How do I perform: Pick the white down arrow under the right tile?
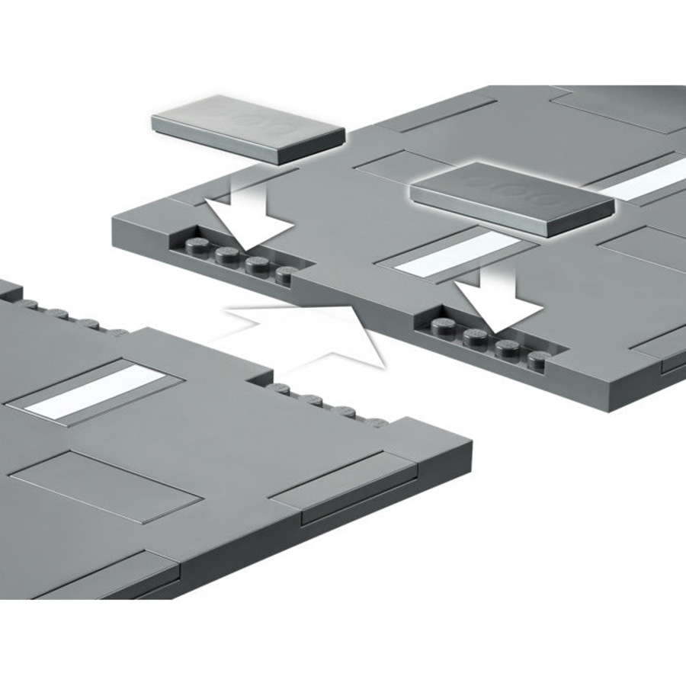point(499,301)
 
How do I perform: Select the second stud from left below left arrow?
point(226,254)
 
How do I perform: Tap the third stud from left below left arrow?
point(258,264)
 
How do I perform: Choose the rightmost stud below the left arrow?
point(287,273)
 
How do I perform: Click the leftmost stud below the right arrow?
point(442,326)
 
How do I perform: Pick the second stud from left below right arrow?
point(476,335)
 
